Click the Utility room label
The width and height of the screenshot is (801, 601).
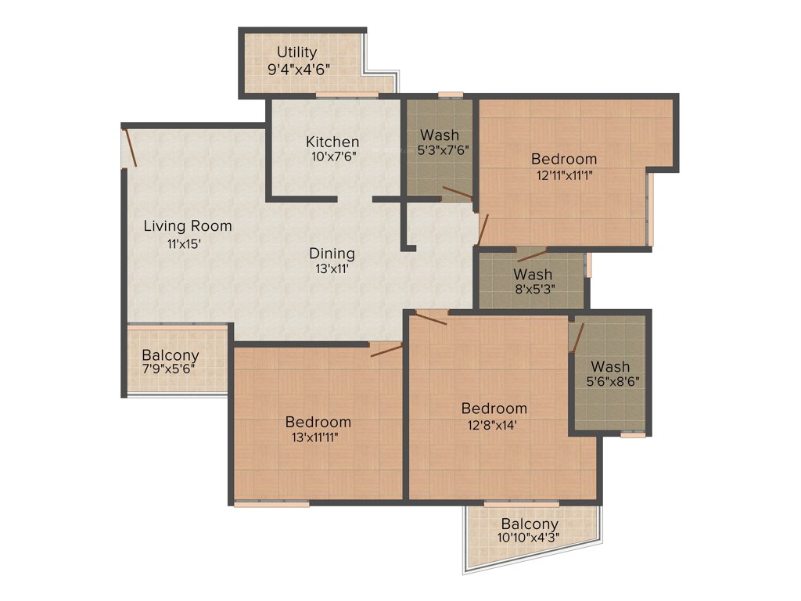point(296,52)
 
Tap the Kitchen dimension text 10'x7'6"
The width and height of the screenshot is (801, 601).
point(332,157)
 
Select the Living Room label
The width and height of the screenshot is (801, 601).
point(188,226)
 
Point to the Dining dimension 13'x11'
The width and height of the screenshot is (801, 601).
point(332,268)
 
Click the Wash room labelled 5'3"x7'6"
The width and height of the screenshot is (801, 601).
point(439,135)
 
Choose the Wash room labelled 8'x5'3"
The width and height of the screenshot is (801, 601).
point(533,275)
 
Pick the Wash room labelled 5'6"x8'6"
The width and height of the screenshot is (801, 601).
point(610,366)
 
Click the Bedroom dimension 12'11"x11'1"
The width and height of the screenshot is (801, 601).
point(560,175)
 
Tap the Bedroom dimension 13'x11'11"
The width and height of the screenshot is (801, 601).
point(318,437)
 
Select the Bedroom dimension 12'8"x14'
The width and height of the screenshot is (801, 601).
point(494,425)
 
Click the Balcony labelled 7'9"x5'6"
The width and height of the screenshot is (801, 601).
point(171,355)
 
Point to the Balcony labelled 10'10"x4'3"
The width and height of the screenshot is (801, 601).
point(530,524)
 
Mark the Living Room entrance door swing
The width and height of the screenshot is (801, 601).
point(131,148)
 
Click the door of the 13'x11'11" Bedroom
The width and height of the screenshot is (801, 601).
point(386,349)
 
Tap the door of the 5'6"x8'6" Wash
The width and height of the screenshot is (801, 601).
point(577,337)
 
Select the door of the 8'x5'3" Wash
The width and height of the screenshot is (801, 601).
point(532,254)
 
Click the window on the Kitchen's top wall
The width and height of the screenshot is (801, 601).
point(347,95)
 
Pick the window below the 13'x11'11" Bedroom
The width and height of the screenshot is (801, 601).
point(271,504)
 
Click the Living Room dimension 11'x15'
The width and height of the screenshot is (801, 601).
point(185,243)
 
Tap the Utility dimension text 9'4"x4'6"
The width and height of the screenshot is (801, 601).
point(298,69)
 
